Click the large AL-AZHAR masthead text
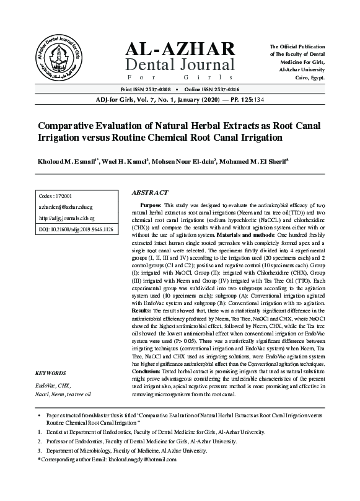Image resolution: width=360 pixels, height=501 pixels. [180, 49]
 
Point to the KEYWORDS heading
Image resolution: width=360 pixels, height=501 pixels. [51, 374]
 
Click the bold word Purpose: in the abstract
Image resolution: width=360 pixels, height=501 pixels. [151, 205]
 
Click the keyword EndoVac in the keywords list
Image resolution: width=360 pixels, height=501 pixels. [45, 385]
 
